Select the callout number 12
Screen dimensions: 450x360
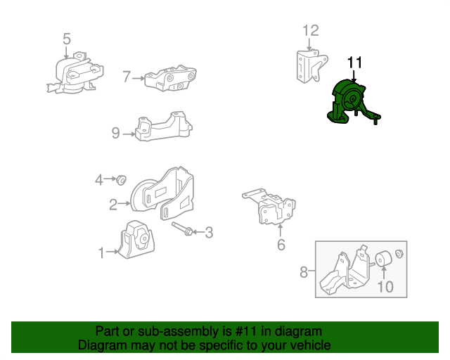click(x=311, y=30)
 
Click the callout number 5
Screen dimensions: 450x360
click(x=67, y=39)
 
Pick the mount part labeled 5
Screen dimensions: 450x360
click(x=76, y=74)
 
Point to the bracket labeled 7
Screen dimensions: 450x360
click(x=170, y=78)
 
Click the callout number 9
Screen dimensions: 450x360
click(x=115, y=133)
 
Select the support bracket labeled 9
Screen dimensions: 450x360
click(x=164, y=127)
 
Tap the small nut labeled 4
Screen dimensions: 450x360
click(x=122, y=180)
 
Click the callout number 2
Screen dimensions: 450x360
click(x=113, y=205)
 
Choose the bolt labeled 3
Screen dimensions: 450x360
click(x=182, y=229)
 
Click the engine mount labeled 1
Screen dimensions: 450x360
click(x=137, y=240)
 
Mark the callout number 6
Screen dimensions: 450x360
click(x=281, y=245)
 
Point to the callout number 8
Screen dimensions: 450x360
click(x=304, y=272)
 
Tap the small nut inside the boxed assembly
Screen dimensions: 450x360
click(x=399, y=254)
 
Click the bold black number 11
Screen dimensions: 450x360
click(x=355, y=63)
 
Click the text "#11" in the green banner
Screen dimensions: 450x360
click(x=246, y=331)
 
